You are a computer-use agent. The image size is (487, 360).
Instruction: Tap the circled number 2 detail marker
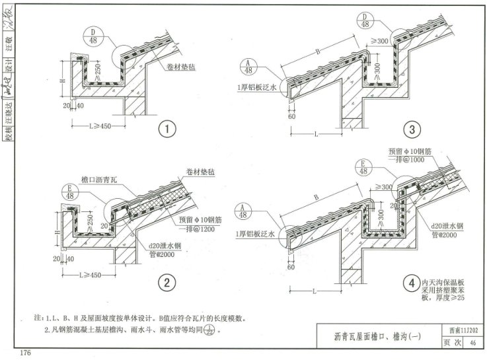[167, 283]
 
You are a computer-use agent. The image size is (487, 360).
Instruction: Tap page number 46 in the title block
[472, 342]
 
